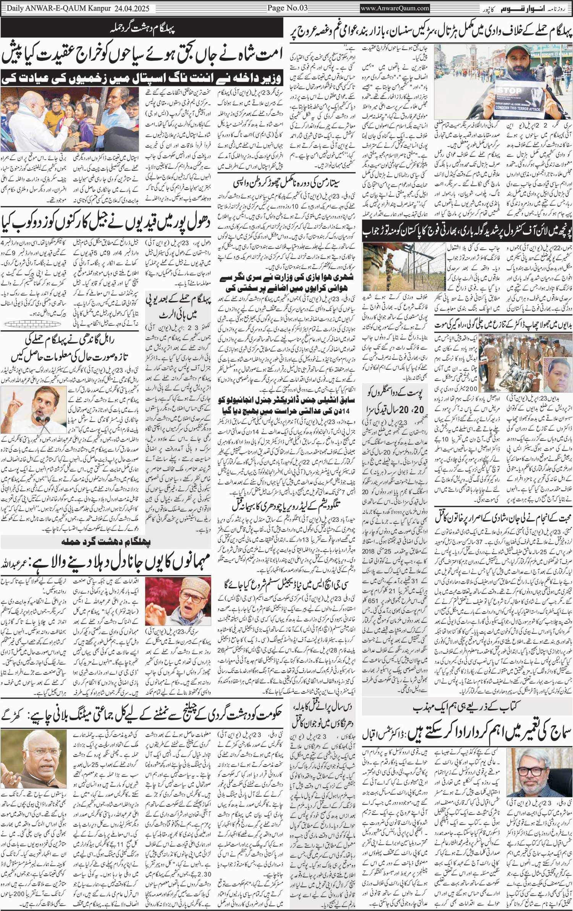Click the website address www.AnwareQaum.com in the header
(x=395, y=8)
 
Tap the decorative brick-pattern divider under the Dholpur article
(x=32, y=324)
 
